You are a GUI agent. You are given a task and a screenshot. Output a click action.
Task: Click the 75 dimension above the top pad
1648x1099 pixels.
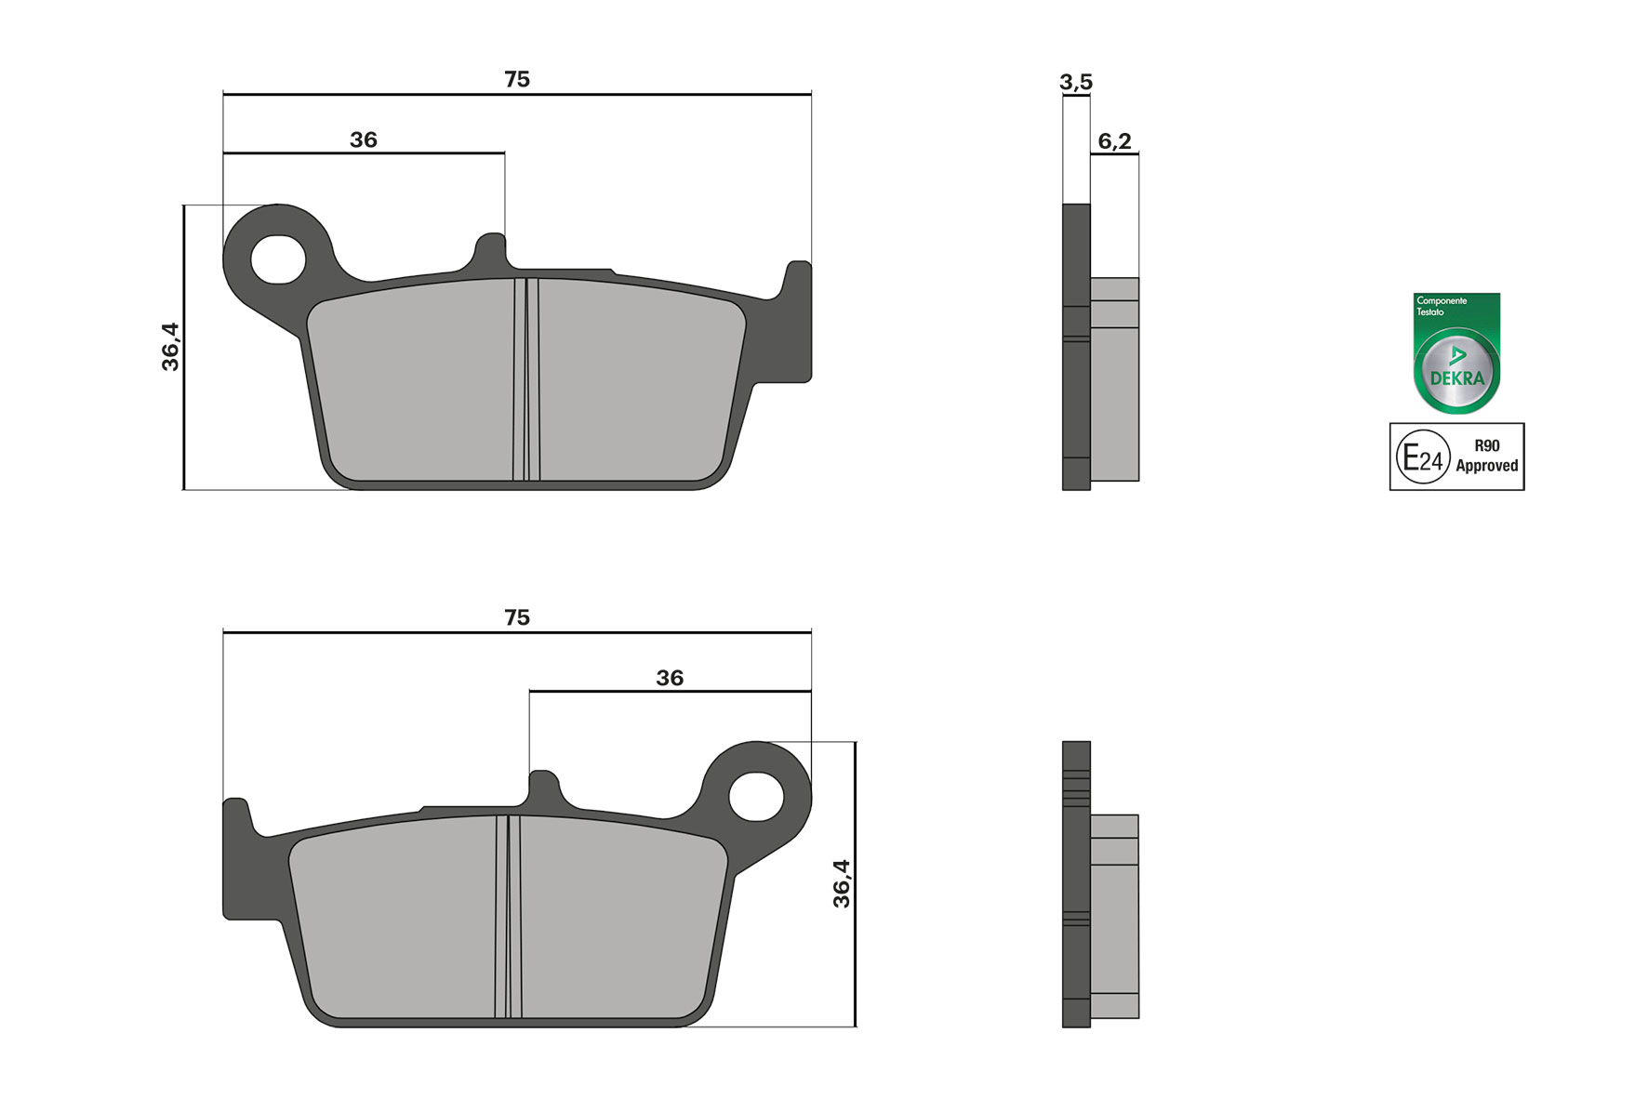[517, 80]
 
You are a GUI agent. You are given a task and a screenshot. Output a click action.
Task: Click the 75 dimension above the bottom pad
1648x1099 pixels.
[517, 618]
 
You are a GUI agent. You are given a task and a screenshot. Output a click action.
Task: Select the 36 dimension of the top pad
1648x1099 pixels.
[364, 140]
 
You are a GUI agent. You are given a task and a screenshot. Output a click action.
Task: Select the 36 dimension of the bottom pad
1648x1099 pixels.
[670, 679]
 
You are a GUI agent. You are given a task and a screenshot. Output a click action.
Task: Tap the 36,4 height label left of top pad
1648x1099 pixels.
[171, 347]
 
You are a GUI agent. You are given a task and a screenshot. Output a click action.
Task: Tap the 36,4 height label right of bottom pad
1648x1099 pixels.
[842, 883]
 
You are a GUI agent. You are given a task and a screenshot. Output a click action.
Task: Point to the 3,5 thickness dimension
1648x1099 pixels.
[1076, 83]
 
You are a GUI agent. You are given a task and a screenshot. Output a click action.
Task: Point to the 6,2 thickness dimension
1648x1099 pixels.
[1114, 141]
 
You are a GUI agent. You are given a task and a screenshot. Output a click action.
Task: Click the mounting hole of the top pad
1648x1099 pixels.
[277, 259]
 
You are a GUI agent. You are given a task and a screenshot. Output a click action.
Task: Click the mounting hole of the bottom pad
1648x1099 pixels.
[756, 797]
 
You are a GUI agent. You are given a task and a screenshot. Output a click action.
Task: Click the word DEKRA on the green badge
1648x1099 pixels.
[1456, 378]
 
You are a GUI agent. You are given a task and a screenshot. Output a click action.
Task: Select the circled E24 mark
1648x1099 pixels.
[1423, 457]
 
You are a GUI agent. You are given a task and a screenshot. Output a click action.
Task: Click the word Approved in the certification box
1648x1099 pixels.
[1486, 466]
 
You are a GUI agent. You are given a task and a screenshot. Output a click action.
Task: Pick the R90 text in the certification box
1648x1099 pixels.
[1486, 445]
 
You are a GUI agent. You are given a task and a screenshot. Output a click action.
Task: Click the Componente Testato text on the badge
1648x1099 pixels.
[1441, 306]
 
